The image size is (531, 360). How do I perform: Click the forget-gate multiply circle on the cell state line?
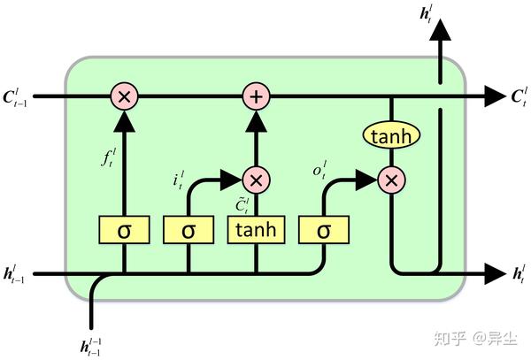[124, 96]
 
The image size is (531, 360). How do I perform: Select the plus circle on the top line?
[256, 96]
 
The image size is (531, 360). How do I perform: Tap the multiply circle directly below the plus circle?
[256, 180]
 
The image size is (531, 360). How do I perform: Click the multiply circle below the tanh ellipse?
[390, 180]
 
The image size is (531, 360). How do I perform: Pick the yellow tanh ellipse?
[390, 136]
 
